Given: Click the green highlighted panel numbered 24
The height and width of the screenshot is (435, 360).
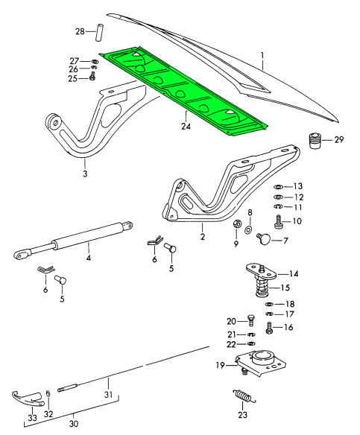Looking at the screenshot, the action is [183, 92].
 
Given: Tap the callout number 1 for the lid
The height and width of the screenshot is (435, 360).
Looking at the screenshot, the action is [262, 57].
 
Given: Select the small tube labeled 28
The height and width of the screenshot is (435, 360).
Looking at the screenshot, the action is [99, 33].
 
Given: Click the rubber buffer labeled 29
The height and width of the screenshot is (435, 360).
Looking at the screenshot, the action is [315, 141].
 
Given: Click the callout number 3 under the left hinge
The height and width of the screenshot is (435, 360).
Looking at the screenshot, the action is [85, 174].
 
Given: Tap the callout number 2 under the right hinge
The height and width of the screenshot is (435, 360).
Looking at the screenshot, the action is [203, 237].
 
